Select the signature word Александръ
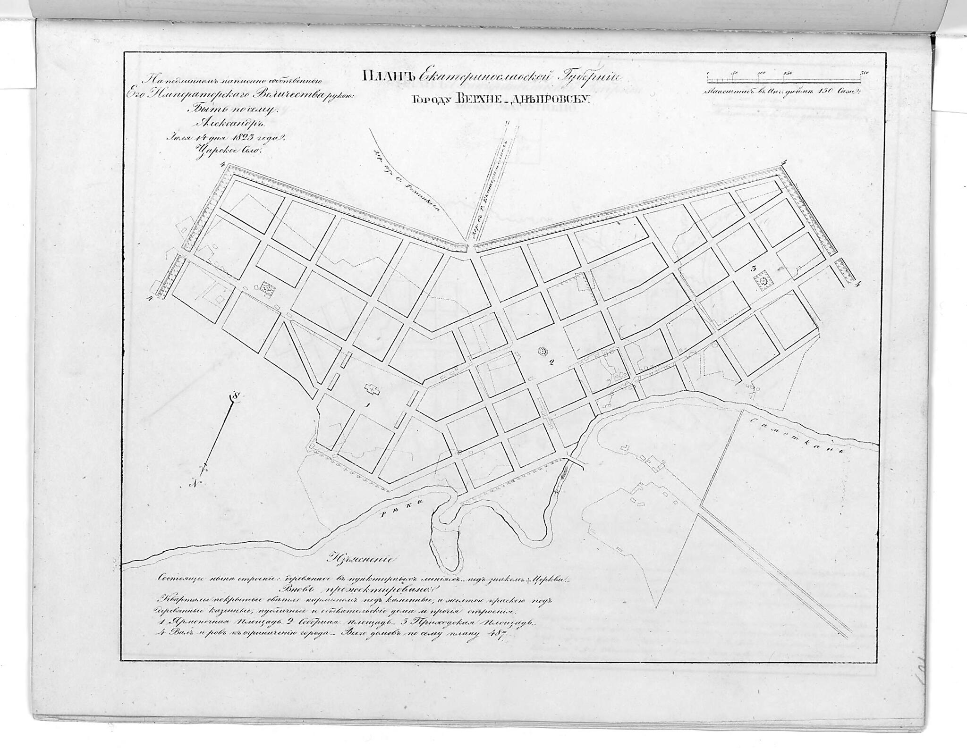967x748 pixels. coord(229,124)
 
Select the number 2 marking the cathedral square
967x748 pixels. coord(551,362)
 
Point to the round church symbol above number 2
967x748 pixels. coord(543,351)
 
